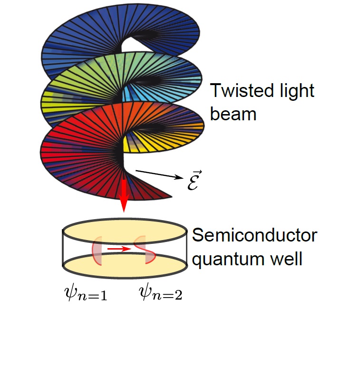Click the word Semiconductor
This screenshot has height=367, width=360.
[x=254, y=236]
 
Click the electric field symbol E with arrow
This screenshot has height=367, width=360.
[x=193, y=179]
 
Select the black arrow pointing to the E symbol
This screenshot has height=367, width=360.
[x=159, y=174]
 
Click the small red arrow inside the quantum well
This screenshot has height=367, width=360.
[x=118, y=249]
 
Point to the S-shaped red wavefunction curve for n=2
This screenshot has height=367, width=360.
[x=145, y=249]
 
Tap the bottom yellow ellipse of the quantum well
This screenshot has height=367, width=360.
[x=124, y=267]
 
